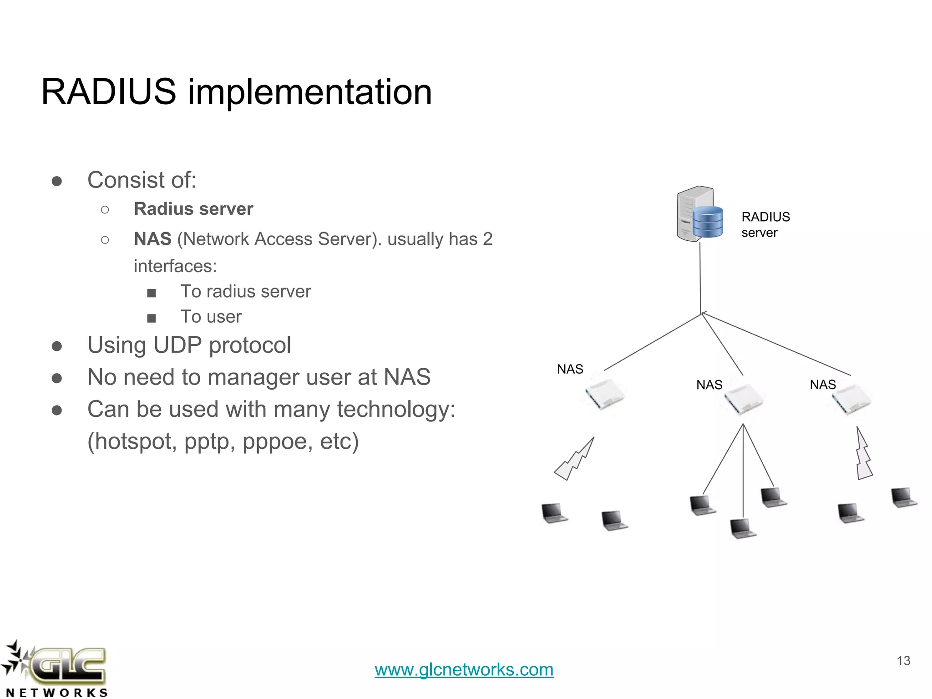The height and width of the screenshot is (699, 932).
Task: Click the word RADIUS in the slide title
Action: [x=108, y=92]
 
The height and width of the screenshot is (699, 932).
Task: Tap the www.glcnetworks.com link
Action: [x=464, y=669]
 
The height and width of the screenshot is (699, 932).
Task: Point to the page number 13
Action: [x=903, y=661]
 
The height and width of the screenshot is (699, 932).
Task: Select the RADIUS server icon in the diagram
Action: [x=699, y=214]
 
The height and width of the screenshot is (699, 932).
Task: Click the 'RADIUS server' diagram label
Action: [x=765, y=224]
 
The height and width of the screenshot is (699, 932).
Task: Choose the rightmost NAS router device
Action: [x=851, y=399]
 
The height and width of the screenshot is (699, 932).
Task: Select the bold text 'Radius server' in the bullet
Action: [x=193, y=209]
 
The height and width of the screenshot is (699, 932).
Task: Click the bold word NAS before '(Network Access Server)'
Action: [x=152, y=239]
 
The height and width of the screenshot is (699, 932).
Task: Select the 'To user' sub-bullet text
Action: [x=211, y=317]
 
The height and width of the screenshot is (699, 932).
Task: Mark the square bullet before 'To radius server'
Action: [x=152, y=293]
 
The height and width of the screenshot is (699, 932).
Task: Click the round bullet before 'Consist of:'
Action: [x=57, y=181]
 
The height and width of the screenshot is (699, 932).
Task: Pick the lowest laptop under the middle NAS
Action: [x=743, y=528]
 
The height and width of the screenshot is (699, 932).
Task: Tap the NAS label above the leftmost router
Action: [x=570, y=369]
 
